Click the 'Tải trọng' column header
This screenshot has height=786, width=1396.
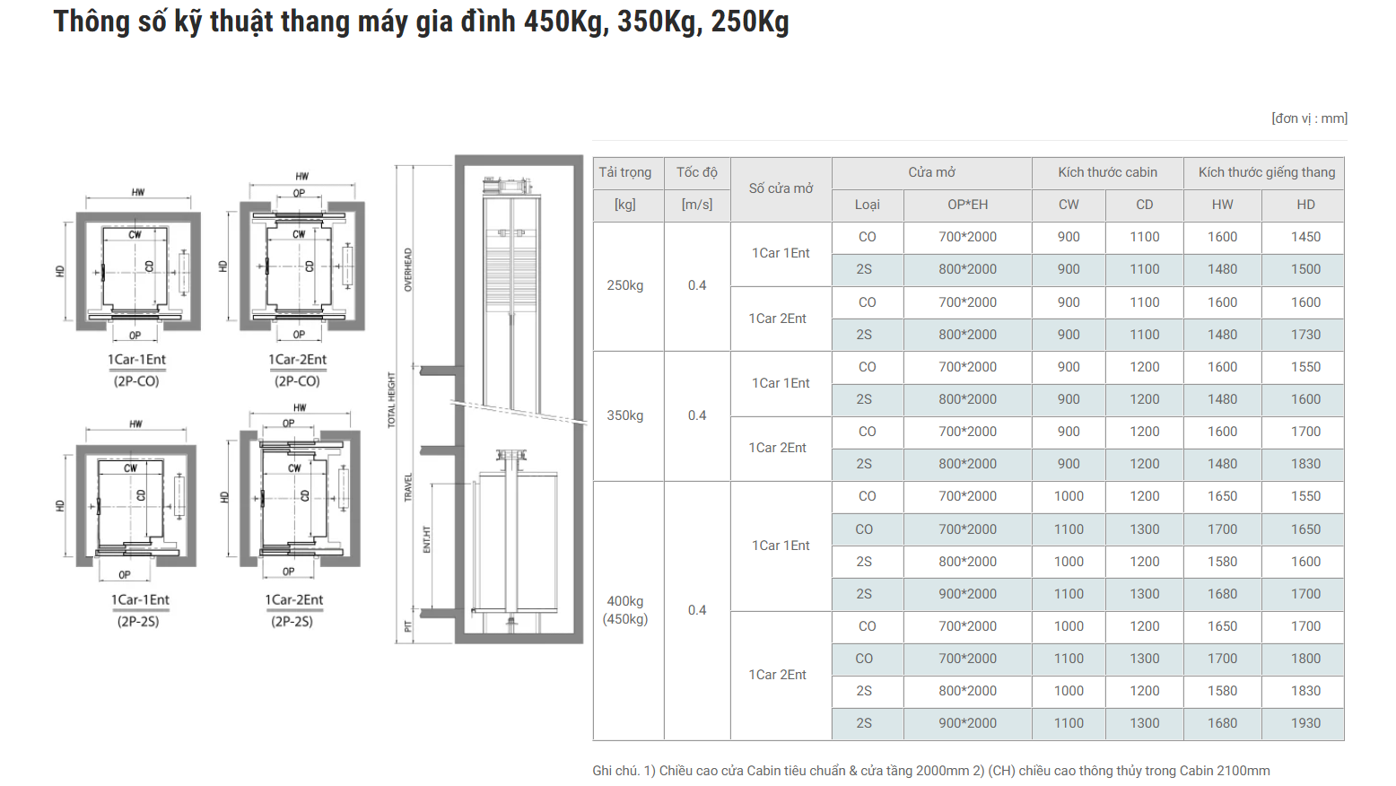625,172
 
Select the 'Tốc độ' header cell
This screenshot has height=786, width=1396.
697,172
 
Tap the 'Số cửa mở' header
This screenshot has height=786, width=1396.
781,188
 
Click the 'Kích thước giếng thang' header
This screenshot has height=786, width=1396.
1266,172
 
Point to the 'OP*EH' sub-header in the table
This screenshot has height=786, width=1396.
967,205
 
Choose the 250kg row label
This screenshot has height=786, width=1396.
625,285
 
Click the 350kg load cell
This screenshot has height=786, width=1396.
625,415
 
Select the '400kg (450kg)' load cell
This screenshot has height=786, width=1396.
625,610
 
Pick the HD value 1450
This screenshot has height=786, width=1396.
1305,237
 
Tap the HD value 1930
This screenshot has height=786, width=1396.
1305,723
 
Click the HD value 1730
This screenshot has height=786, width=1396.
1305,335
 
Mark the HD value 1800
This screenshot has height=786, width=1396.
1305,659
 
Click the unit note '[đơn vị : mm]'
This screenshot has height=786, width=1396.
1309,118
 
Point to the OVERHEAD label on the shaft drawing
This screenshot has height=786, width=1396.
408,269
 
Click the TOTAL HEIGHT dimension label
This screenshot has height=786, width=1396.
391,400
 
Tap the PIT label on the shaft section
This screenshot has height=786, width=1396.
408,626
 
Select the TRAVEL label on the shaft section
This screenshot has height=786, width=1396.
408,487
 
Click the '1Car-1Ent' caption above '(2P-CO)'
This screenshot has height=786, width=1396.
136,360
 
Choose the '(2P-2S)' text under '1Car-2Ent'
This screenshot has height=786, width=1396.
292,621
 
